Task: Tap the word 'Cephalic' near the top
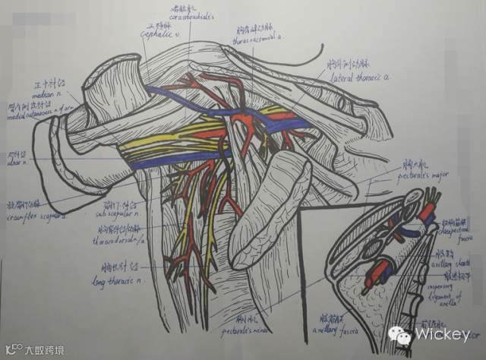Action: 154,33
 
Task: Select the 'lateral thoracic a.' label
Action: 359,77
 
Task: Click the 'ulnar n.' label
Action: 18,160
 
